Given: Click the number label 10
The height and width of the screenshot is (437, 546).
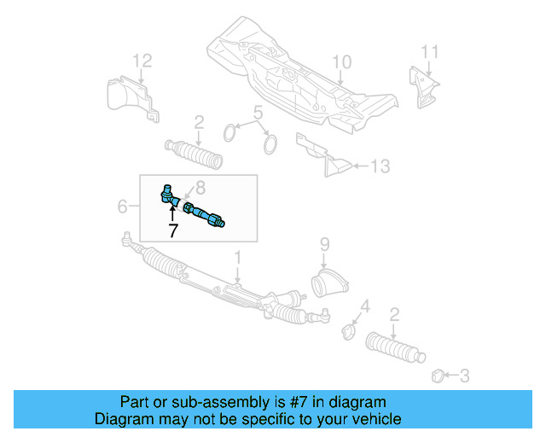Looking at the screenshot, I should click(341, 61).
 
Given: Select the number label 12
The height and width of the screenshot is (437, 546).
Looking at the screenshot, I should click(142, 60).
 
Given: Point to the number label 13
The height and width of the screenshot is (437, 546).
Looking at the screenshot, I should click(380, 165).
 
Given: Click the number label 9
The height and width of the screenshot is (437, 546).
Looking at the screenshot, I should click(324, 244).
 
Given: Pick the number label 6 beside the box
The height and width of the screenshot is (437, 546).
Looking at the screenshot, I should click(122, 206).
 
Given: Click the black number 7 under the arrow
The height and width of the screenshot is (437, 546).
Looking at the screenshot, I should click(172, 230).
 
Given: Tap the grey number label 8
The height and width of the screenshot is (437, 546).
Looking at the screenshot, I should click(200, 187).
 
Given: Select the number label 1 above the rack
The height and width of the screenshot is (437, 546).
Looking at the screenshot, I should click(239, 257).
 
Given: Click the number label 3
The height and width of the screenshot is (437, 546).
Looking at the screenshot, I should click(464, 374).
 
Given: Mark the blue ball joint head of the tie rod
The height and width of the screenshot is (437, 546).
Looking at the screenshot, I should click(168, 194).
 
